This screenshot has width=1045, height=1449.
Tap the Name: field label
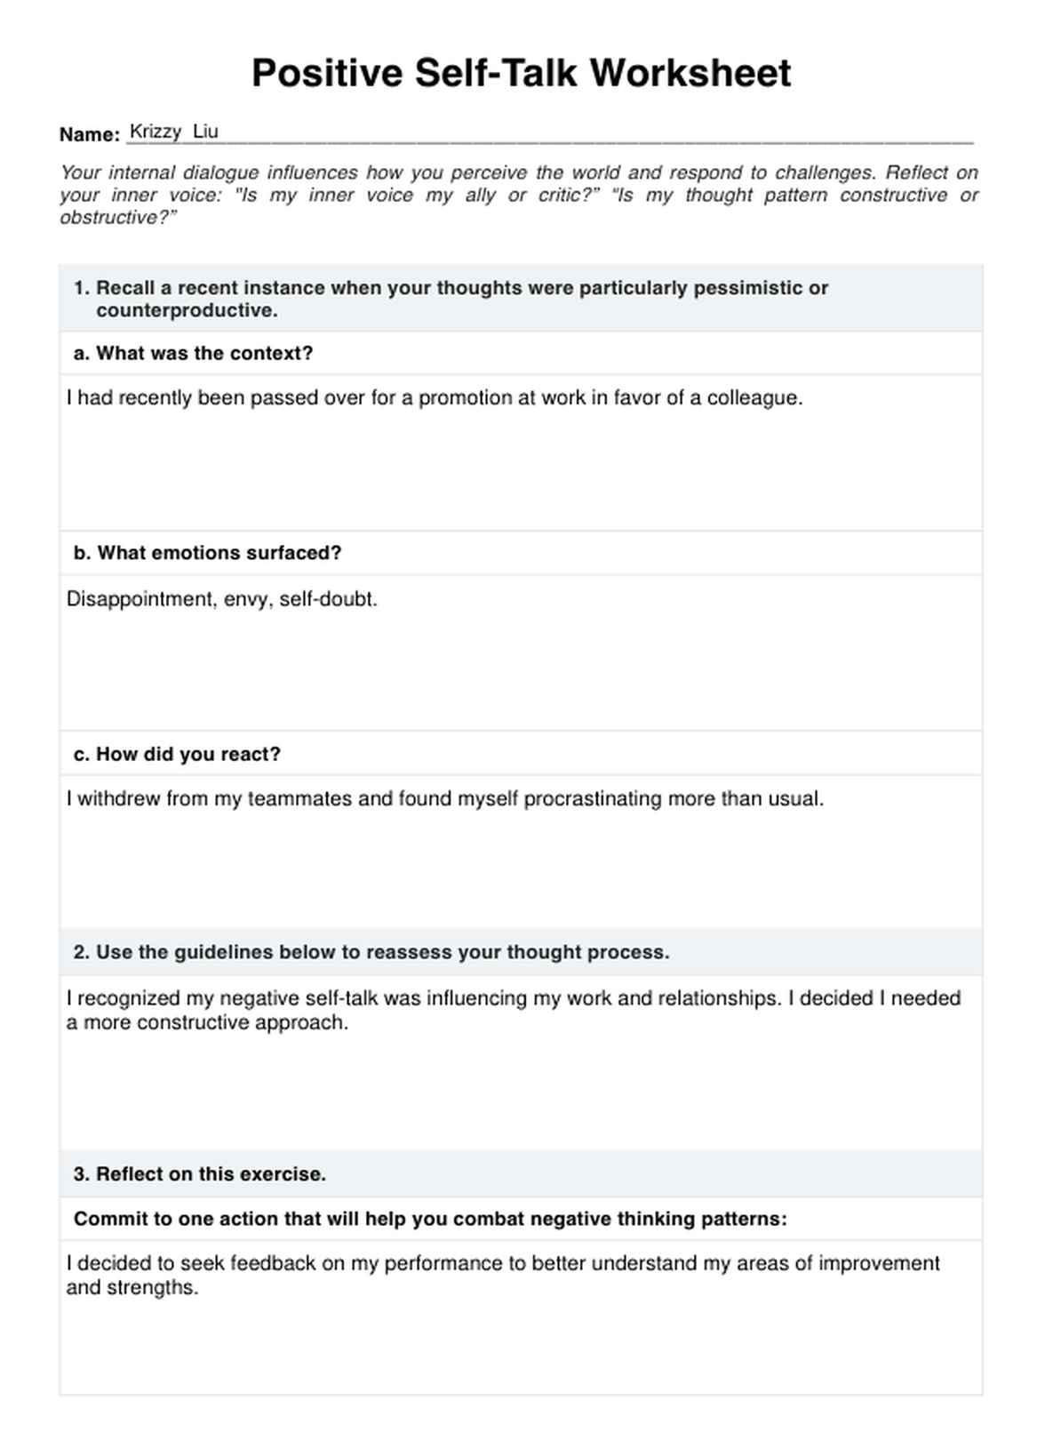click(90, 134)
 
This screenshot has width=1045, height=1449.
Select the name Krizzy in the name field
click(156, 132)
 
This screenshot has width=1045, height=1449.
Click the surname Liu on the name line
click(205, 132)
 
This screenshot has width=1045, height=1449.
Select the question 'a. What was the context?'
click(193, 353)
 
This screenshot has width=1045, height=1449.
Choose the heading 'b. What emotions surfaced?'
click(207, 553)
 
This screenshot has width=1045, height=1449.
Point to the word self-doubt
click(328, 599)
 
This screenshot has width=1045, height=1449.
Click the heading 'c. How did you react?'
click(177, 754)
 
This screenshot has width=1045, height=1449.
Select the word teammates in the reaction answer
click(299, 799)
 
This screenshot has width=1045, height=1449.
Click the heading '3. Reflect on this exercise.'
click(200, 1173)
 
